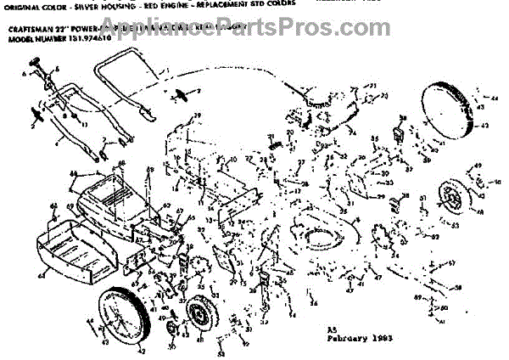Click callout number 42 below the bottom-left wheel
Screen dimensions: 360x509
click(x=142, y=350)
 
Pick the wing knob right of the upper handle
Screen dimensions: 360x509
click(x=180, y=94)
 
